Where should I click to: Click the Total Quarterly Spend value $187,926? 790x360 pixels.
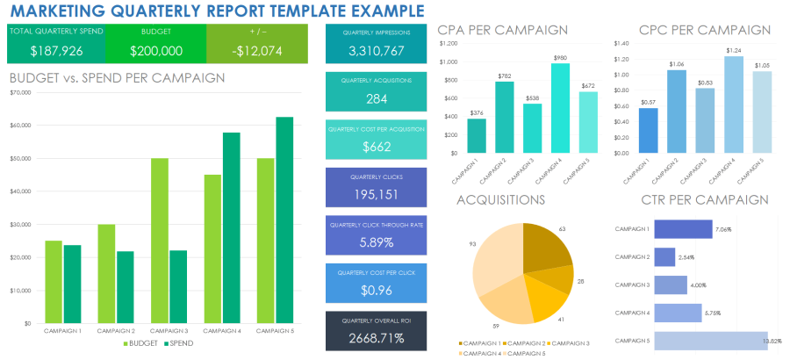(56, 51)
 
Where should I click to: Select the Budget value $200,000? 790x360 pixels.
(156, 51)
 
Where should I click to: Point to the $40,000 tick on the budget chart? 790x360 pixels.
(20, 191)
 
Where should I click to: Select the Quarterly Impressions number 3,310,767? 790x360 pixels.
(375, 51)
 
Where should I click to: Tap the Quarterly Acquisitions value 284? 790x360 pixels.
(377, 98)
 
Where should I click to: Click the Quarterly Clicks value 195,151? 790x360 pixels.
(376, 193)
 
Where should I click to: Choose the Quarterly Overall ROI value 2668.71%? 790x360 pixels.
(376, 337)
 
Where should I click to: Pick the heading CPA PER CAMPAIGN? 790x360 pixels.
(503, 30)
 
